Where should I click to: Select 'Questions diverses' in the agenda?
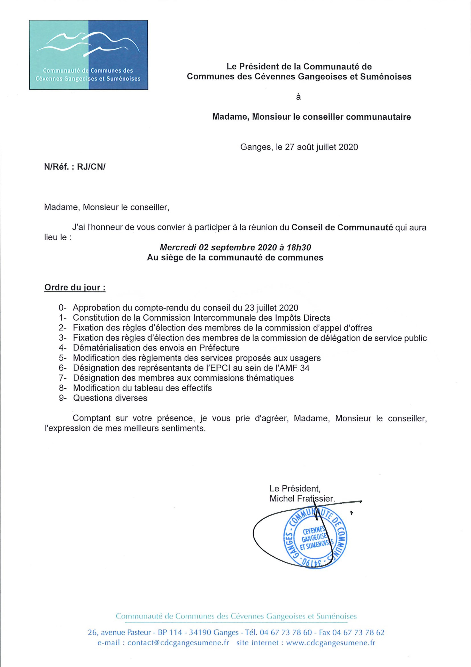point(110,398)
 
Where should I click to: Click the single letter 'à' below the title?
point(298,97)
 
